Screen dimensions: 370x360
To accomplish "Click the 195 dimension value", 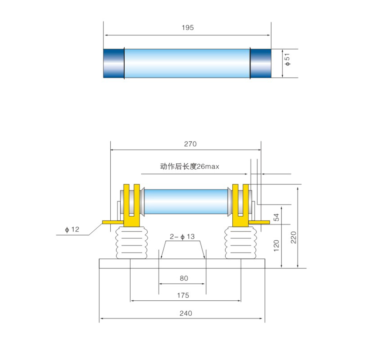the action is coord(188,28).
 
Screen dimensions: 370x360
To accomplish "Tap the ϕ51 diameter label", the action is coord(287,60).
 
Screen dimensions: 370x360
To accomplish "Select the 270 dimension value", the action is coord(190,144).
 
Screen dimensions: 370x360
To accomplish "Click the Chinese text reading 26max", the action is coord(189,166).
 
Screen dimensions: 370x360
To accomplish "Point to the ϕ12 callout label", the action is coord(72,229).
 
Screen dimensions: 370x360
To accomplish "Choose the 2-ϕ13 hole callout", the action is coord(182,236).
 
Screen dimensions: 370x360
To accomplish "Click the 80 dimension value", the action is coord(184,278).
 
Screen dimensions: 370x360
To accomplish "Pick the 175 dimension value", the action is coord(183,295).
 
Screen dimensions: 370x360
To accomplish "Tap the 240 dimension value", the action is coord(186,313).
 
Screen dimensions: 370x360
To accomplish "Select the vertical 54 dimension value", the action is coord(276,217).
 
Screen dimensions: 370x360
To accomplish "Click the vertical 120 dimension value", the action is coord(276,246).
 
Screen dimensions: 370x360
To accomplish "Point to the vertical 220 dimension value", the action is coord(293,237).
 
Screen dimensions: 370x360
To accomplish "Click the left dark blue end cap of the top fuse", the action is coord(114,63).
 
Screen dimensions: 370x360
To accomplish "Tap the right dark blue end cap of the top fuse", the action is coord(260,63).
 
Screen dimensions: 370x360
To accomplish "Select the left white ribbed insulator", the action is coord(131,243).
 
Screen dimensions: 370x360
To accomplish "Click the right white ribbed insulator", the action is coord(240,243).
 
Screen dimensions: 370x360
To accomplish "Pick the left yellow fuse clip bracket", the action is coord(132,206).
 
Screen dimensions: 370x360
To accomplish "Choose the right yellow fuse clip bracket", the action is coord(240,206).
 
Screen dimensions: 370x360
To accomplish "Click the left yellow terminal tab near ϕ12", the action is coord(113,222).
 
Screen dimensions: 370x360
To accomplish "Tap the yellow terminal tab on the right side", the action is coord(259,222).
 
